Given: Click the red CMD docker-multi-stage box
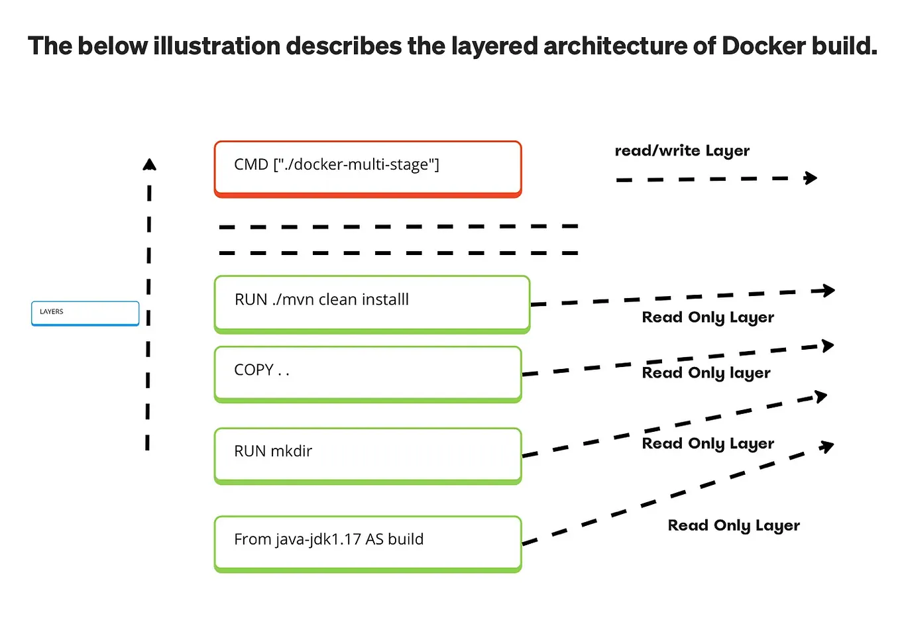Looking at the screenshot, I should pos(368,168).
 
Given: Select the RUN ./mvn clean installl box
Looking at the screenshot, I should pos(372,303).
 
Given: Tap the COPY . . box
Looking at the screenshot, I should pos(368,374).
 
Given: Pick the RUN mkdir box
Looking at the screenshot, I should pos(368,455).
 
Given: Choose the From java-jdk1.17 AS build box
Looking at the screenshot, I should pos(368,543).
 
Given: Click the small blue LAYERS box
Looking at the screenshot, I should pos(85,313).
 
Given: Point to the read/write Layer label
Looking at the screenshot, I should pos(682,151).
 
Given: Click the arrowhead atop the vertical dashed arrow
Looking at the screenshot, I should pos(150,164).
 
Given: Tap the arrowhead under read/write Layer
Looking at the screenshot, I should pos(811,178).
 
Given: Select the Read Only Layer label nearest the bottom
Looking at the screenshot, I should pos(734,525).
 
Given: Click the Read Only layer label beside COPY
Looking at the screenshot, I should pos(706,373).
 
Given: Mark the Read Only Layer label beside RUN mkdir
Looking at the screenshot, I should pos(708,444).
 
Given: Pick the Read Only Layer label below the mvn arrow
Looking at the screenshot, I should pos(708,317).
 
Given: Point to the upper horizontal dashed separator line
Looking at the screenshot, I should pos(398,227).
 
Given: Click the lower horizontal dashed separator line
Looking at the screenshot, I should pos(398,252).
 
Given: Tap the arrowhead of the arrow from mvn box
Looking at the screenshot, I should pos(828,290).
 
